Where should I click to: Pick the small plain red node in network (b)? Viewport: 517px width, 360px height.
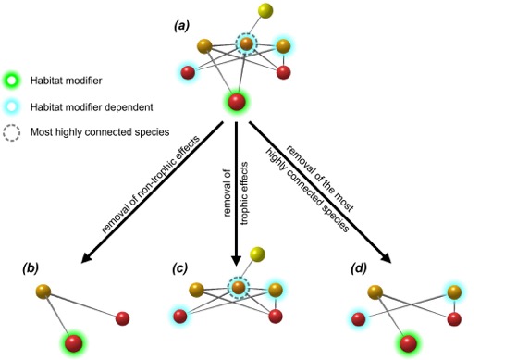[x=122, y=319]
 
